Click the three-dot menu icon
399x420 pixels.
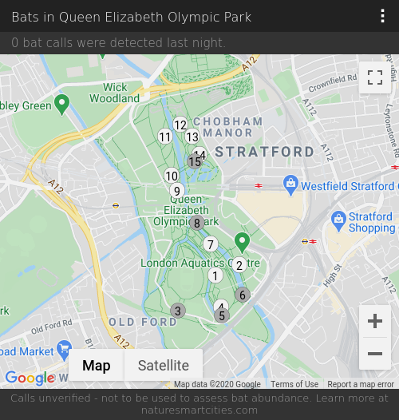[383, 17]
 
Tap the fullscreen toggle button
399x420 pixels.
[375, 77]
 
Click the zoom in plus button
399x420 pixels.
[375, 321]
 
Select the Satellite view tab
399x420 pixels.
[164, 366]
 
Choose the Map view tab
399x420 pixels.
[97, 366]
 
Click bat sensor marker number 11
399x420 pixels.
[165, 137]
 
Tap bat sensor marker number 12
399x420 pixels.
[180, 125]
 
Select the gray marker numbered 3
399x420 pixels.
[178, 311]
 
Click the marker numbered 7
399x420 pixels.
[211, 244]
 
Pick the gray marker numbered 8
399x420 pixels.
[197, 223]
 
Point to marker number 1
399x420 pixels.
[215, 275]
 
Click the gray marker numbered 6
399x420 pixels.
[243, 295]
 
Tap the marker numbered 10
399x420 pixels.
[172, 176]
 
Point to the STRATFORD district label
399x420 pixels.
[265, 152]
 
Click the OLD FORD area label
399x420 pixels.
[143, 322]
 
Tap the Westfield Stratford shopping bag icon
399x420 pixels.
[291, 185]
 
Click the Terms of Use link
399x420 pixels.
[294, 385]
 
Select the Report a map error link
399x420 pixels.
[361, 385]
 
